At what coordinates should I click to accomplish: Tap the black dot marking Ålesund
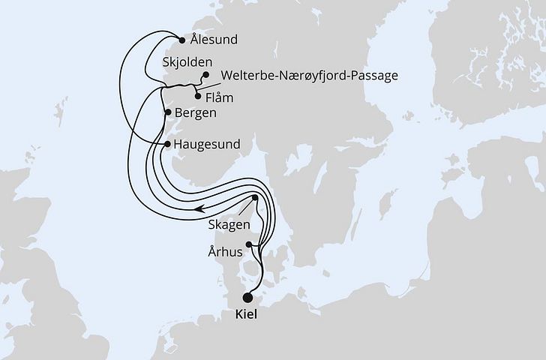click(x=181, y=40)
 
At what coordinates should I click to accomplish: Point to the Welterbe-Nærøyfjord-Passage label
click(x=308, y=76)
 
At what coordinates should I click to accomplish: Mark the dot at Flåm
click(x=196, y=95)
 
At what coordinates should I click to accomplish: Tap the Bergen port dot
click(x=167, y=112)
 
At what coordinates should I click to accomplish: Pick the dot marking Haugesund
click(x=166, y=142)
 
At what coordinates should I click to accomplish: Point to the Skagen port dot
click(x=255, y=198)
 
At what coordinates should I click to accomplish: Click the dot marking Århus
click(x=248, y=243)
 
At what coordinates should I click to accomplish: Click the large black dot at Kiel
click(x=248, y=296)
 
